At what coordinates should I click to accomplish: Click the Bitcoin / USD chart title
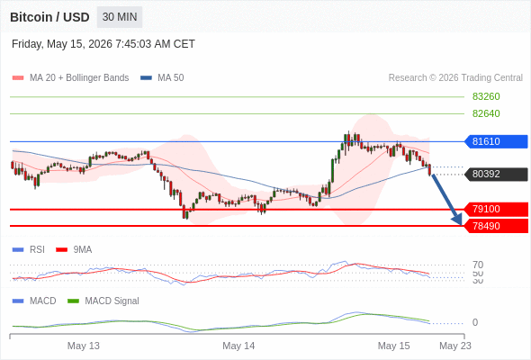(x=49, y=17)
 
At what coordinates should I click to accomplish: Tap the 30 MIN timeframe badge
(x=120, y=17)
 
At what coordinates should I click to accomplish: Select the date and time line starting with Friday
(x=103, y=44)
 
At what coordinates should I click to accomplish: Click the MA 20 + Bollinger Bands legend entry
(x=70, y=78)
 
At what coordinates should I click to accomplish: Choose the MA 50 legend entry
(x=162, y=78)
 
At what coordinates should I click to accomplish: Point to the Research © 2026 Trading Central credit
(x=455, y=78)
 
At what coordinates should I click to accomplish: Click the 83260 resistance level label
(x=486, y=96)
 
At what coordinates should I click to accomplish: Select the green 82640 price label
(x=486, y=113)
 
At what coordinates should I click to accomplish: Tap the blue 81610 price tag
(x=496, y=141)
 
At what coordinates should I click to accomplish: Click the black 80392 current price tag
(x=496, y=174)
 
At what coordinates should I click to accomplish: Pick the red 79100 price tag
(x=496, y=209)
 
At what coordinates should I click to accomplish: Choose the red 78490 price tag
(x=496, y=226)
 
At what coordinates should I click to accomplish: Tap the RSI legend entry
(x=29, y=249)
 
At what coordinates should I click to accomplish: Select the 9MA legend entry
(x=74, y=249)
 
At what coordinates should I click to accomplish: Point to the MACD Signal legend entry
(x=103, y=301)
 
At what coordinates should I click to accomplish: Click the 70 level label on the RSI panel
(x=478, y=265)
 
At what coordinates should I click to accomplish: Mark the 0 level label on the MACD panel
(x=475, y=322)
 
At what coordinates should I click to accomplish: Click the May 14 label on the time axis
(x=238, y=346)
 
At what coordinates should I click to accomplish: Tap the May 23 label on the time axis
(x=455, y=346)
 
